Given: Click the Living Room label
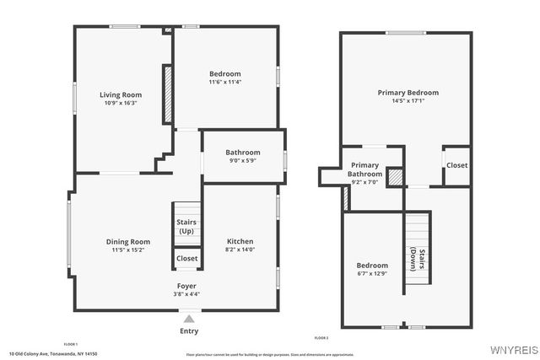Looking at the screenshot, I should click(x=121, y=95).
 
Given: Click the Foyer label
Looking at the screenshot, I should click(x=187, y=287).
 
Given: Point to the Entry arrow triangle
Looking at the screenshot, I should click(x=188, y=320).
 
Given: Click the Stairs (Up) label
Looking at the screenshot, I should click(x=186, y=226).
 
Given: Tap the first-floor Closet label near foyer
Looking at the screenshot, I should click(x=186, y=259).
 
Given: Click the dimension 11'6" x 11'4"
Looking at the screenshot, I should click(x=225, y=83).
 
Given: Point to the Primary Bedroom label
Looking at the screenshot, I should click(x=408, y=93).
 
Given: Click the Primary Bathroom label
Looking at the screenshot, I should click(x=364, y=169).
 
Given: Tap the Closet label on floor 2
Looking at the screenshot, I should click(x=456, y=165).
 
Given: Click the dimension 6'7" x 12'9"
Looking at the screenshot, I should click(x=372, y=273).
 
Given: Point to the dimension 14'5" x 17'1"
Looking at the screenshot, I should click(x=408, y=101).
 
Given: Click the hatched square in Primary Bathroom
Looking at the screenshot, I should click(x=395, y=178).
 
